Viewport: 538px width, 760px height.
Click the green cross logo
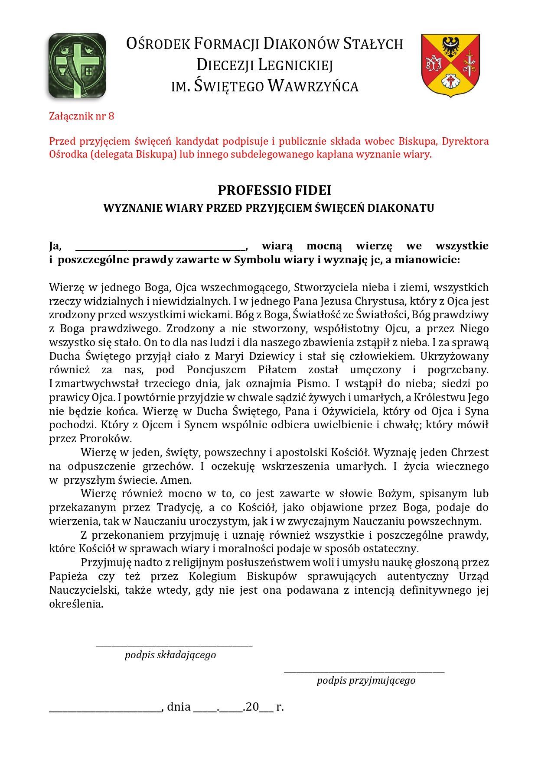click(77, 65)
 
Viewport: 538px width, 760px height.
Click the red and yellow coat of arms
click(450, 65)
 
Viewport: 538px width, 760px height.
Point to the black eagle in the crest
click(451, 46)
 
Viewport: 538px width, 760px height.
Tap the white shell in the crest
click(450, 81)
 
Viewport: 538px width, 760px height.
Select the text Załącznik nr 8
click(82, 116)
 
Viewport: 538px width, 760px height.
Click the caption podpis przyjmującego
click(366, 680)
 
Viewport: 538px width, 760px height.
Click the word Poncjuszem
click(216, 370)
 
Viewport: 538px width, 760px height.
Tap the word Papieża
click(68, 576)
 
